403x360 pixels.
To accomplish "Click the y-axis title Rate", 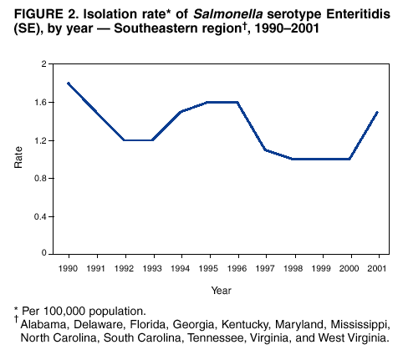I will click(18, 159).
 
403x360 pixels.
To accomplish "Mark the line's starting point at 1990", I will click(69, 83).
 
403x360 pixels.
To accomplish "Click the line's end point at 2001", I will click(379, 112).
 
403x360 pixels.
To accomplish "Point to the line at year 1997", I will click(266, 150).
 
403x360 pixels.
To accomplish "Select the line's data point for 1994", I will click(181, 112).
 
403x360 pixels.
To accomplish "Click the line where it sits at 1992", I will click(125, 140).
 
